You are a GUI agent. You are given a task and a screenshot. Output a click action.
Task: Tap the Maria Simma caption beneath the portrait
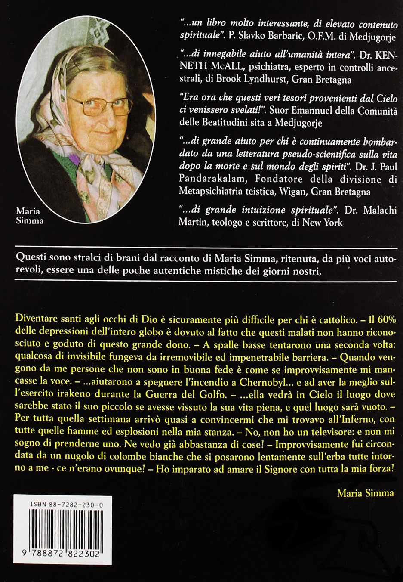point(29,216)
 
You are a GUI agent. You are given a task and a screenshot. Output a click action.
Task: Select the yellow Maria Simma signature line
point(366,493)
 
